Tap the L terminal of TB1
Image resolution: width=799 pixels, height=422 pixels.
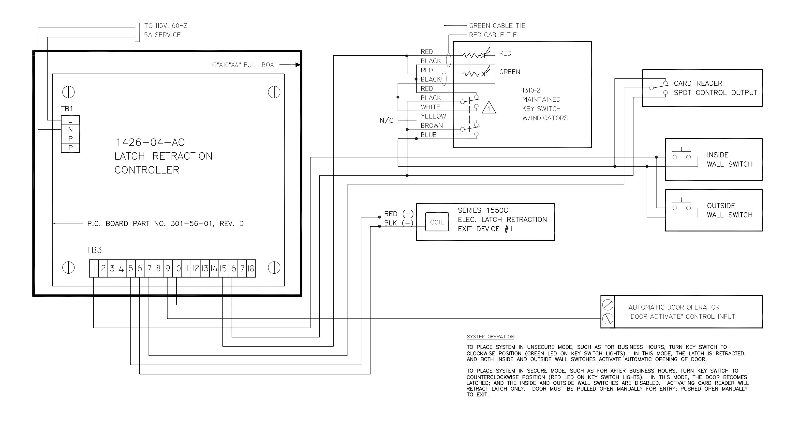(x=70, y=120)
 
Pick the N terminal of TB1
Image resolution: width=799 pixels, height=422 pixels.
(x=70, y=129)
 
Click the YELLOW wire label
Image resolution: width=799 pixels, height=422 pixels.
(x=433, y=116)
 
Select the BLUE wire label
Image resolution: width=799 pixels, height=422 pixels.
(x=429, y=135)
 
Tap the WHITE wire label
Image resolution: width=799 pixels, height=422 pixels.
(x=430, y=107)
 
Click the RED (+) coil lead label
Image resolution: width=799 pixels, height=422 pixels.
(x=399, y=214)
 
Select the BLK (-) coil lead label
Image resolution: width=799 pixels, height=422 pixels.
(x=399, y=223)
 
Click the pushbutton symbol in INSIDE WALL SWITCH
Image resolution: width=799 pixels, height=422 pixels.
(x=681, y=155)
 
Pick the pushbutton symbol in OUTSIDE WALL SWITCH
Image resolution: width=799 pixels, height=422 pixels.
(x=681, y=206)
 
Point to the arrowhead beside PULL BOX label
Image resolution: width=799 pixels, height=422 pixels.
(x=298, y=65)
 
